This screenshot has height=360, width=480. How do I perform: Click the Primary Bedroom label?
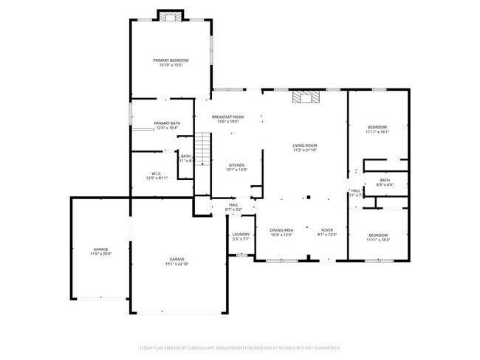click(171, 60)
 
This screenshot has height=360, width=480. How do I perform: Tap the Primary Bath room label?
click(167, 123)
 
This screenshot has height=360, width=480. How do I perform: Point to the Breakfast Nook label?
click(227, 117)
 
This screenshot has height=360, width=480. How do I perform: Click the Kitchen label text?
click(236, 165)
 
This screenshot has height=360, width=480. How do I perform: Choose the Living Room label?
click(304, 145)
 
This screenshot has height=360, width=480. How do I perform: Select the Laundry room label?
click(241, 234)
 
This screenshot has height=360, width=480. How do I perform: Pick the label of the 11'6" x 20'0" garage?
click(100, 249)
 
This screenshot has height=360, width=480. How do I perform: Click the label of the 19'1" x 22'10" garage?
click(176, 259)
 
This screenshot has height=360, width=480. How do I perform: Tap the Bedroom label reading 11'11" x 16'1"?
click(377, 127)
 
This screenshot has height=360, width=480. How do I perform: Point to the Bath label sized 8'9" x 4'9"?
click(385, 180)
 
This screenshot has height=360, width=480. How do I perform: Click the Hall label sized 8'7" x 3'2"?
click(233, 205)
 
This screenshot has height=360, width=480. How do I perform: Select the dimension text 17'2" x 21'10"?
click(304, 150)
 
